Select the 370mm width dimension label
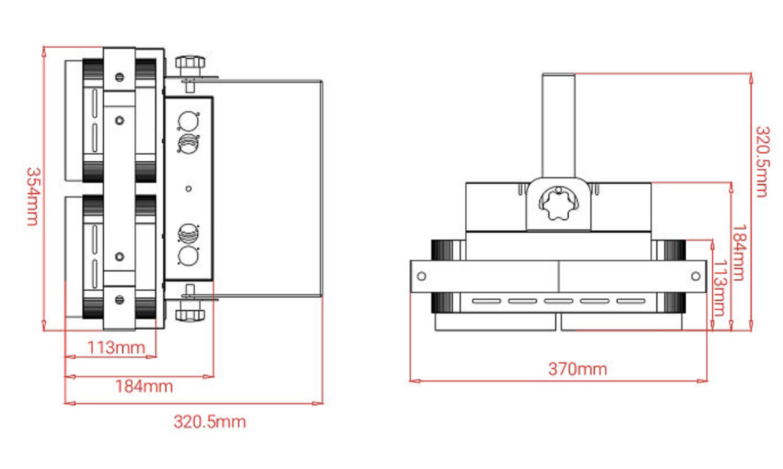pyautogui.click(x=577, y=369)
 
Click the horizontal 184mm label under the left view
pyautogui.click(x=144, y=386)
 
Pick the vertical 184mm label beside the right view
pyautogui.click(x=739, y=252)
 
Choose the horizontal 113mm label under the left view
pyautogui.click(x=116, y=348)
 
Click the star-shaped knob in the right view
pyautogui.click(x=558, y=204)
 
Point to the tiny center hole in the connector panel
pyautogui.click(x=188, y=188)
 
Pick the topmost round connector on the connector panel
pyautogui.click(x=188, y=120)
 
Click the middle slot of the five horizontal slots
pyautogui.click(x=558, y=302)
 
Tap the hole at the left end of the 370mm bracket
pyautogui.click(x=421, y=276)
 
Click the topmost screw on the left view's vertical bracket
pyautogui.click(x=119, y=76)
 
